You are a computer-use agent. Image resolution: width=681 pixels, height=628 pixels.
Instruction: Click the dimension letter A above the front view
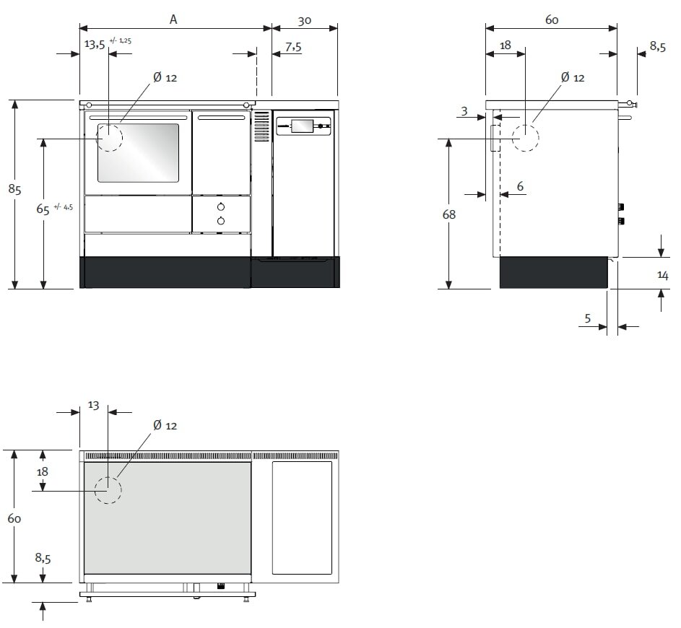173,19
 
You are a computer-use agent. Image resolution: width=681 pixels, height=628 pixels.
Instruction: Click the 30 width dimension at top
304,21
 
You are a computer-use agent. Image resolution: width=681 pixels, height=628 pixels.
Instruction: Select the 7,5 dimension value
293,46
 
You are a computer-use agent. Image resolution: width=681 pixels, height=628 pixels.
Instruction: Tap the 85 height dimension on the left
14,189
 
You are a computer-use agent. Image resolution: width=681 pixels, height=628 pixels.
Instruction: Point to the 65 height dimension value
43,209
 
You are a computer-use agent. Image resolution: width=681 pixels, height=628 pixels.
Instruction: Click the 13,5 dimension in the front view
95,44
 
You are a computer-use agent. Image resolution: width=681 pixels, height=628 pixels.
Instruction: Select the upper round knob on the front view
221,208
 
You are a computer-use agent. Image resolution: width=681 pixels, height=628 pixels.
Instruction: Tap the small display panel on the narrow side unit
301,127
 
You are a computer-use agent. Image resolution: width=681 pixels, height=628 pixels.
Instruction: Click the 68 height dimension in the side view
448,214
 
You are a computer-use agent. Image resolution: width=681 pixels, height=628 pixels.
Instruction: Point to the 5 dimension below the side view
588,317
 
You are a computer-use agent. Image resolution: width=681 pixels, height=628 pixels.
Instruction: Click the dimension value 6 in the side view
520,186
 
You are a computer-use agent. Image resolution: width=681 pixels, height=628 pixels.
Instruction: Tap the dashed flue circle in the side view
525,137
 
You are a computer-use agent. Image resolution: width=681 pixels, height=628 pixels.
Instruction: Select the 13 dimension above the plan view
93,406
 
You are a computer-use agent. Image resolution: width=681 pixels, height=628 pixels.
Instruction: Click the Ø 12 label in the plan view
165,426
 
